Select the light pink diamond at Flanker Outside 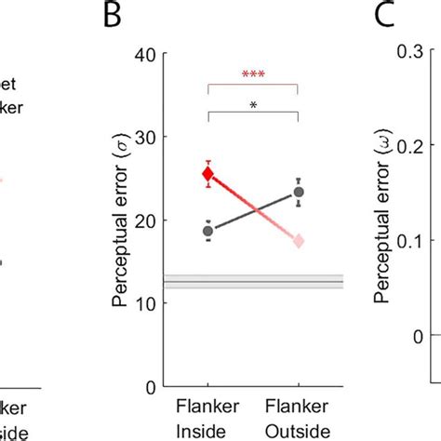click(x=299, y=241)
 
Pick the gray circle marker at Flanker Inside click(x=208, y=231)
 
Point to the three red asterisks click(x=252, y=74)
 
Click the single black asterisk click(x=253, y=106)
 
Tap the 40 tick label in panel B click(x=145, y=54)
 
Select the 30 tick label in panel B click(x=145, y=137)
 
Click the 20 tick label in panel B click(x=145, y=220)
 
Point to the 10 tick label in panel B click(x=145, y=302)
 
